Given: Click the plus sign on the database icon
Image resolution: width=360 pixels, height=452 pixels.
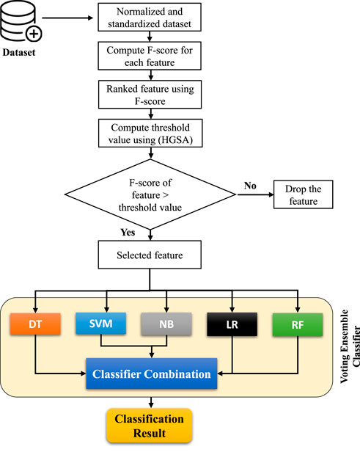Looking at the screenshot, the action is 34,34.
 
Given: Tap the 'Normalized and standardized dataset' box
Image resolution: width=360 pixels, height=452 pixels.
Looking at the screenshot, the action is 150,18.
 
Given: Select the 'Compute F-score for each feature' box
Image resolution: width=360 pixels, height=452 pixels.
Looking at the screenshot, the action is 150,56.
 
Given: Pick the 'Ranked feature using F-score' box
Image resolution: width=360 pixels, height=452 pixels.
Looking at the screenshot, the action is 150,95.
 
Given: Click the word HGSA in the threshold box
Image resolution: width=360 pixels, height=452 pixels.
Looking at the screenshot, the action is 175,140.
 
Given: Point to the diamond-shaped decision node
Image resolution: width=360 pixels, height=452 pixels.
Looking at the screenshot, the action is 150,194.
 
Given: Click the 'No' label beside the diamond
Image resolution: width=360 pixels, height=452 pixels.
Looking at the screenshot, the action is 250,186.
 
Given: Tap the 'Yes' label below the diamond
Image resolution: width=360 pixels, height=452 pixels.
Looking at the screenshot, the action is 128,233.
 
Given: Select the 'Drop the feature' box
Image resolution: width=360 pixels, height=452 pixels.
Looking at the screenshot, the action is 304,194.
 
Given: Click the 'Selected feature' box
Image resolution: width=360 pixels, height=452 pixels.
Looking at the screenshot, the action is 150,255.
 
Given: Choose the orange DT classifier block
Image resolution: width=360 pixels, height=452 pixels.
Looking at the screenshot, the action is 35,324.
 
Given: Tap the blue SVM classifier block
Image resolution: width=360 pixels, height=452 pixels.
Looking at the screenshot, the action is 100,324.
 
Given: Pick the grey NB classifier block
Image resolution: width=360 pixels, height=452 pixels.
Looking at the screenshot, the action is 166,324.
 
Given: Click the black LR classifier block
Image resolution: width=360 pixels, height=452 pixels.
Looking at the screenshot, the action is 232,324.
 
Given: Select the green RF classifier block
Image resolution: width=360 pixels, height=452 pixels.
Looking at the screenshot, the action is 298,325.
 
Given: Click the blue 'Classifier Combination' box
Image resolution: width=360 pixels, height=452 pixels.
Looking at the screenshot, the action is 152,374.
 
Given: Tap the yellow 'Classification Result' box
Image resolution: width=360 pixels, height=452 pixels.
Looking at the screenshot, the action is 149,426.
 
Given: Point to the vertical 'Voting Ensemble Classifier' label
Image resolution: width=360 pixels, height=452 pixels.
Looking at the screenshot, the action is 350,346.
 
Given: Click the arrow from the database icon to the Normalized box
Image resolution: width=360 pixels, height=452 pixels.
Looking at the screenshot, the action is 67,18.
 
